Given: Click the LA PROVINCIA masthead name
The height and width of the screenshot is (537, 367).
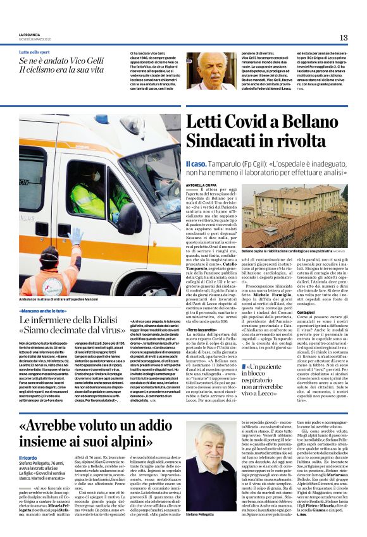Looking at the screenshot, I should [x=30, y=35].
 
